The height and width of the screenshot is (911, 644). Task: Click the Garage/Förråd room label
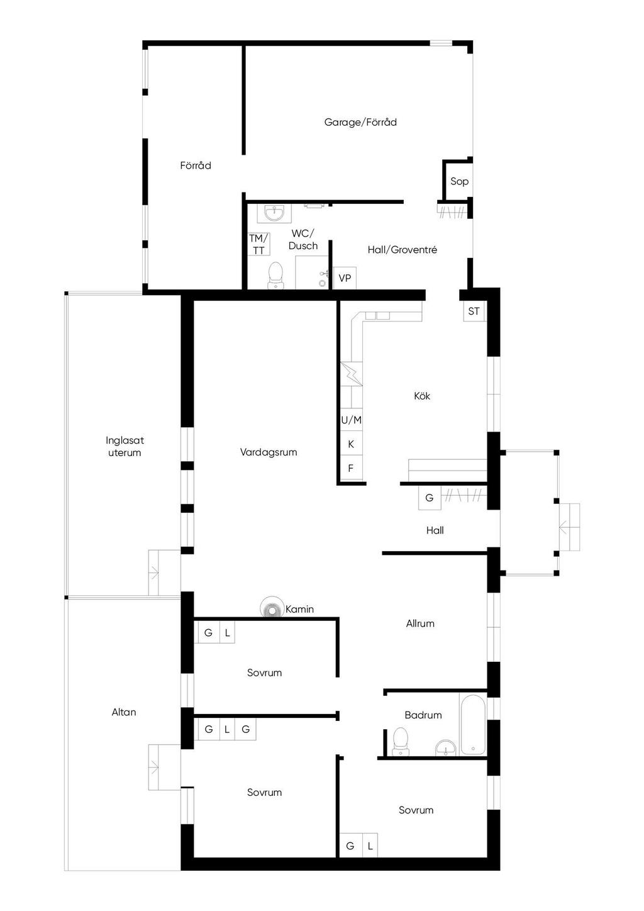(360, 123)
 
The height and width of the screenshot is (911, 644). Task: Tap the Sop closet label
(459, 181)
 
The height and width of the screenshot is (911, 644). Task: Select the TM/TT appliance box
(259, 244)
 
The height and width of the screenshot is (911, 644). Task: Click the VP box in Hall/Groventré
(345, 278)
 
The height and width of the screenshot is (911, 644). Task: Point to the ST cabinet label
(474, 311)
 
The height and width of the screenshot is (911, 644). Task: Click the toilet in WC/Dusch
(275, 276)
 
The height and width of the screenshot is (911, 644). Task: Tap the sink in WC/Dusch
(274, 213)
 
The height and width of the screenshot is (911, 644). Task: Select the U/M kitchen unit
(352, 420)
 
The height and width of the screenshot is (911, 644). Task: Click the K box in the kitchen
(352, 444)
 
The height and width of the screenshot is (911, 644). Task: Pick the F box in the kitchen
(352, 468)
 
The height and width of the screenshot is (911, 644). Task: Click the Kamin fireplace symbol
(271, 608)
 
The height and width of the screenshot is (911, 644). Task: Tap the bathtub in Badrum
(473, 725)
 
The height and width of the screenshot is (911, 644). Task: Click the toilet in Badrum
(401, 741)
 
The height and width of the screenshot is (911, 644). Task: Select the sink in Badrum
(446, 747)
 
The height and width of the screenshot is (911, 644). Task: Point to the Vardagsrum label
(269, 452)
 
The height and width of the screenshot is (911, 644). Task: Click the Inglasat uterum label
(125, 447)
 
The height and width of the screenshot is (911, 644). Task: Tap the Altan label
(124, 712)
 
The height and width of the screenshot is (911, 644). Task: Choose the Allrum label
(420, 623)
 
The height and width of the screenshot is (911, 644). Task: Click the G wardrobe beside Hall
(430, 498)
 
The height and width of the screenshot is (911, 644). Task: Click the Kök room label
(422, 396)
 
